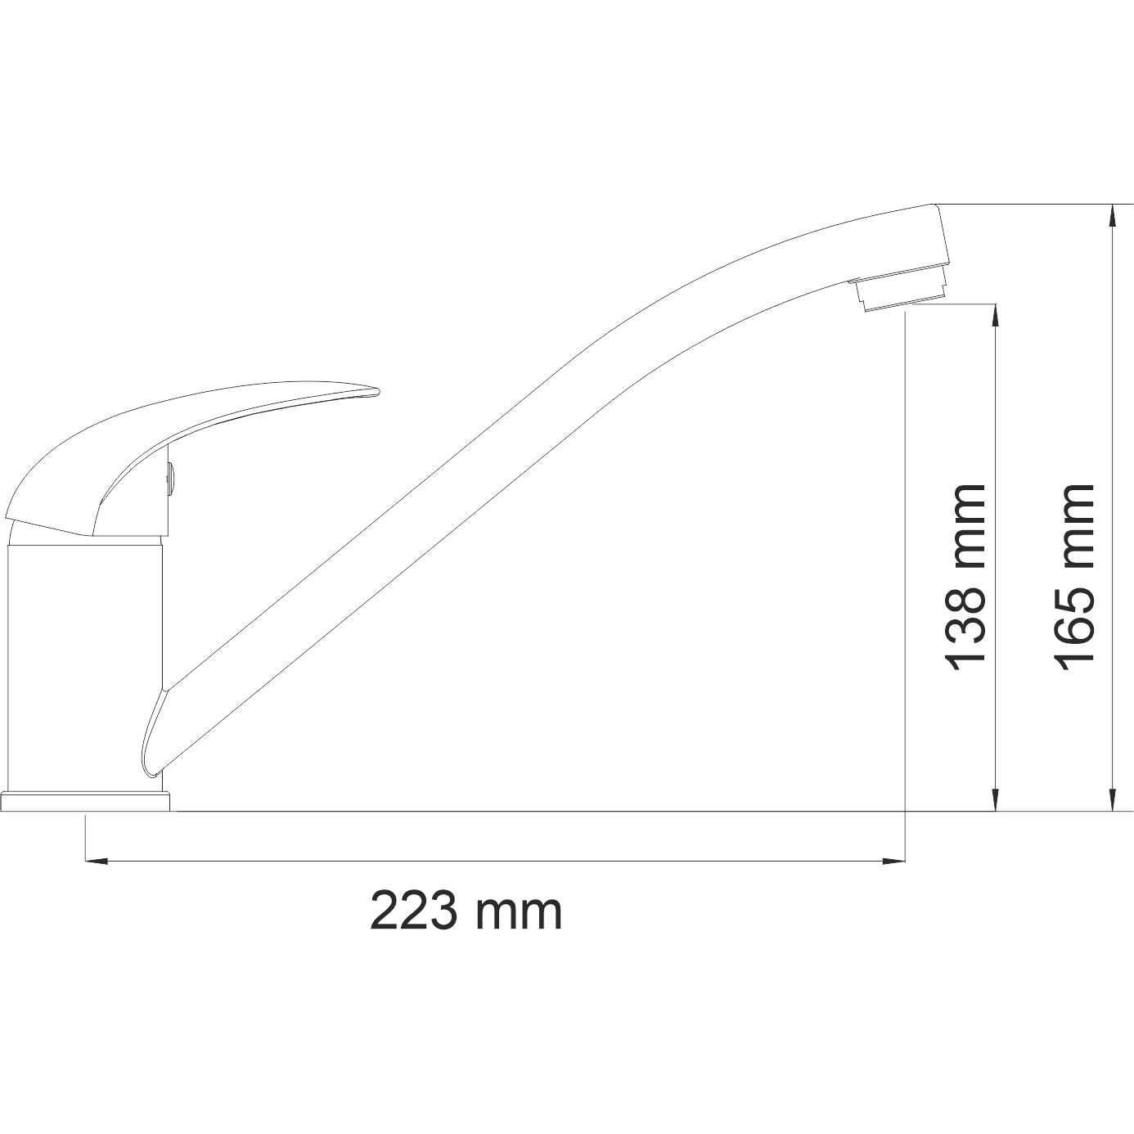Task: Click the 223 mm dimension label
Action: (x=466, y=911)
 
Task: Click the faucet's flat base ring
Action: (x=86, y=801)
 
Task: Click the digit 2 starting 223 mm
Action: (x=388, y=911)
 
